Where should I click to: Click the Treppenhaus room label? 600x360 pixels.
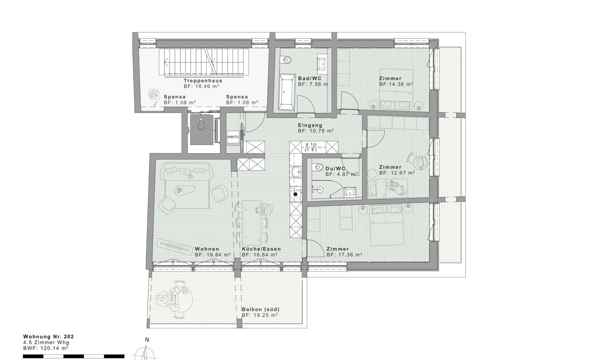203,81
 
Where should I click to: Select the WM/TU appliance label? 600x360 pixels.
233,137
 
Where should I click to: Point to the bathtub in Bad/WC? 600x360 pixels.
287,92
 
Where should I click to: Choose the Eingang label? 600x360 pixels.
310,125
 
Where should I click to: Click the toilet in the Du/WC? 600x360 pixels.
318,167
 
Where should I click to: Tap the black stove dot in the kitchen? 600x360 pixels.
295,195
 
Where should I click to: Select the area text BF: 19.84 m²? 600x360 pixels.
212,255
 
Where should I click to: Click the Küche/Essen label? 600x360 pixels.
261,249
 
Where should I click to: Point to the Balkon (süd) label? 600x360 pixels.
260,309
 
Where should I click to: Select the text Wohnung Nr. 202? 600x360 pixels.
48,337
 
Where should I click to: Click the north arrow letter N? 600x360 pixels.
147,340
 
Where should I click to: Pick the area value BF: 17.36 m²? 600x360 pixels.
344,255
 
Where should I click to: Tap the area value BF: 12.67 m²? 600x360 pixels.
397,173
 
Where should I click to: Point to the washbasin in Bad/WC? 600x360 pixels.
321,64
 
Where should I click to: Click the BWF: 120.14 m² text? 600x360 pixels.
45,348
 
